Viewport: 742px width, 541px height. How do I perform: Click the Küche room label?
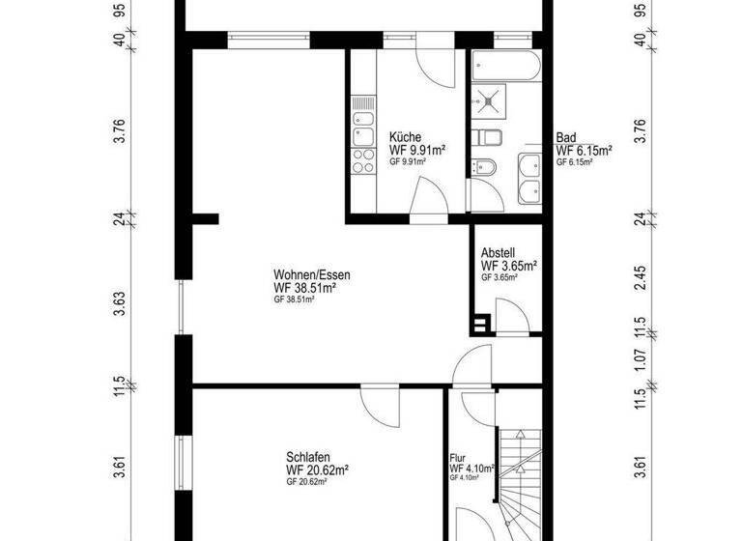click(x=405, y=137)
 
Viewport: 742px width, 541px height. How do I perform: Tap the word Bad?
click(x=565, y=137)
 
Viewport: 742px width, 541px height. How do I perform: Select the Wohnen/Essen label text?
click(x=311, y=275)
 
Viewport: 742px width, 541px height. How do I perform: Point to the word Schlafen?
click(x=306, y=458)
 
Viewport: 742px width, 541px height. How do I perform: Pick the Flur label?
click(x=458, y=458)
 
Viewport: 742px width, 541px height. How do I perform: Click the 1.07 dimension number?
click(x=639, y=359)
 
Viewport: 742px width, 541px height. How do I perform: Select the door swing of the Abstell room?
click(x=508, y=313)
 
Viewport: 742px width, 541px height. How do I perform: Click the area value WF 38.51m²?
click(x=304, y=288)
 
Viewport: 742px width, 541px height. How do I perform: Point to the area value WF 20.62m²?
click(x=317, y=470)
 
